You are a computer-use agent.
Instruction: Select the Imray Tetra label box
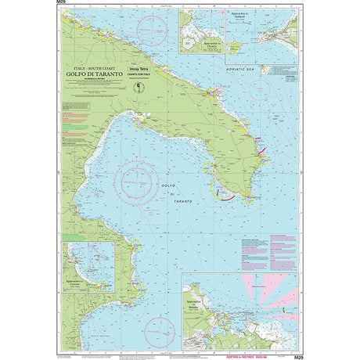click(149, 69)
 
